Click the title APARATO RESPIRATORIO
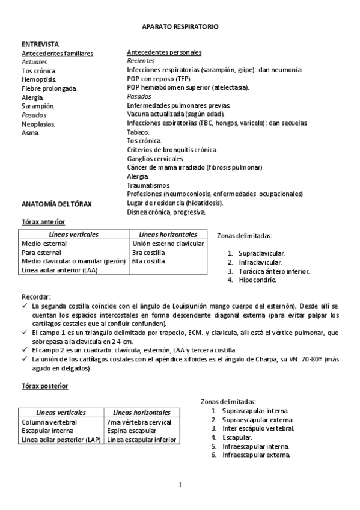(x=180, y=27)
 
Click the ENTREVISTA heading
(x=40, y=45)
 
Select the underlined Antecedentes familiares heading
(x=57, y=54)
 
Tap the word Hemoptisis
(x=39, y=79)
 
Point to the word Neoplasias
(x=38, y=124)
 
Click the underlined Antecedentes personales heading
(x=164, y=53)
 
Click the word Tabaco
(x=139, y=132)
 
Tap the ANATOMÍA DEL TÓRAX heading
(x=56, y=204)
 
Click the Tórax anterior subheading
(x=43, y=222)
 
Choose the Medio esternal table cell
(x=44, y=244)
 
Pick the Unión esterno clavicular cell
(x=168, y=244)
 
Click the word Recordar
(x=36, y=297)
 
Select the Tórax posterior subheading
(x=44, y=386)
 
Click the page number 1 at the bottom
(x=180, y=485)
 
